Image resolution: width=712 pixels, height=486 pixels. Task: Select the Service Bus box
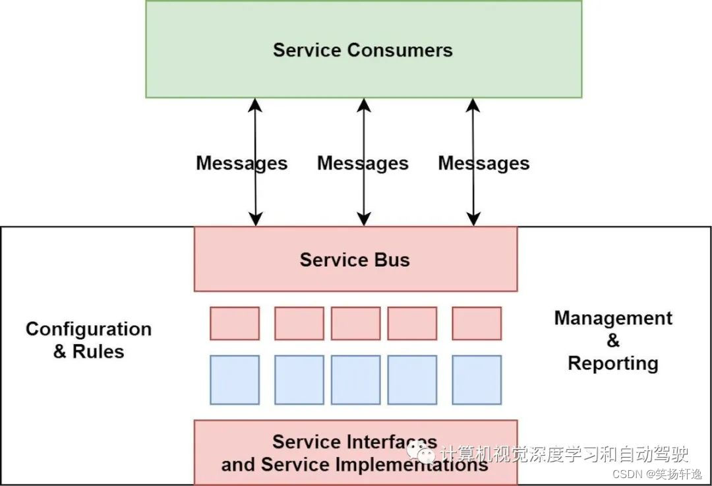tap(355, 259)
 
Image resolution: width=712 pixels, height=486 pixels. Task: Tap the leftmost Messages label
tap(241, 164)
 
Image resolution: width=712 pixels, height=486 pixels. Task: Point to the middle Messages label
tap(363, 164)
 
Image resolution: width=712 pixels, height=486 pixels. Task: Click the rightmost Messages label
tap(484, 164)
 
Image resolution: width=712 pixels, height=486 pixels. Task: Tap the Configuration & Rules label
tap(88, 340)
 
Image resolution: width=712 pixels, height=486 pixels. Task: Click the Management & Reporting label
tap(613, 340)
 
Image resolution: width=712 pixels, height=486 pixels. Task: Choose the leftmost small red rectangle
tap(235, 323)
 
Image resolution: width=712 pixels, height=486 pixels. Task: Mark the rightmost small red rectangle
tap(477, 323)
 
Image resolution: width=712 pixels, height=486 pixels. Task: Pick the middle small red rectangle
tap(355, 323)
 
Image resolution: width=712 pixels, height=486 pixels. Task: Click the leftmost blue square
tap(235, 380)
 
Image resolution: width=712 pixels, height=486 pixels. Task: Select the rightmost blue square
tap(477, 380)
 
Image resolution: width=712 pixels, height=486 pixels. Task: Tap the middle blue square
tap(355, 380)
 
